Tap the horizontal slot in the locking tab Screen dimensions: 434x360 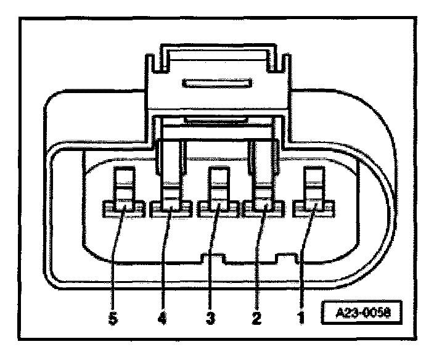(x=216, y=83)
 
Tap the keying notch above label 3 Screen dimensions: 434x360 (x=213, y=257)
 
